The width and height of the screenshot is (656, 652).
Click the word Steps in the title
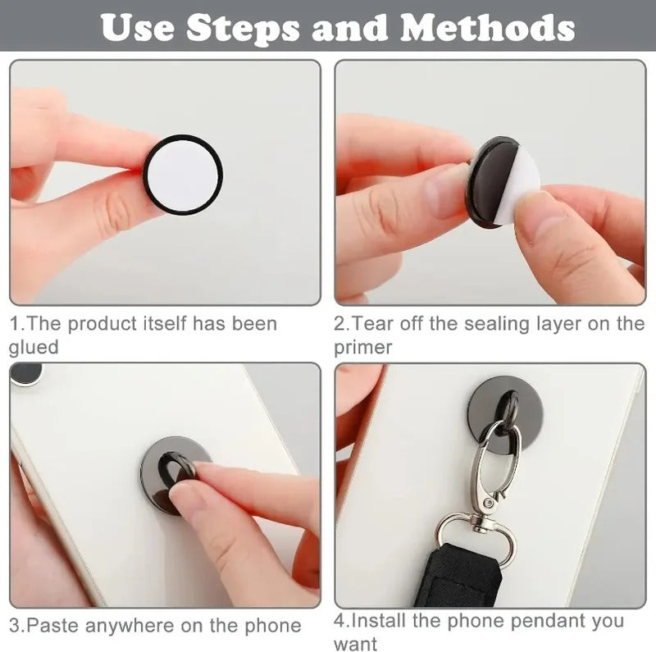click(x=243, y=29)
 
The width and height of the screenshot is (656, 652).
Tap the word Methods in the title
click(x=487, y=29)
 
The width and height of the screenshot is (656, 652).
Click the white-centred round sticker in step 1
click(x=183, y=175)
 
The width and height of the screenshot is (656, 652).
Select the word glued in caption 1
click(x=34, y=348)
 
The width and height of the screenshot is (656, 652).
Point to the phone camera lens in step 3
click(x=26, y=373)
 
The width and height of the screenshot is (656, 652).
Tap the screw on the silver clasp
click(x=487, y=503)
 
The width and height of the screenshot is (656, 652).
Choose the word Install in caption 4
click(x=379, y=621)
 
